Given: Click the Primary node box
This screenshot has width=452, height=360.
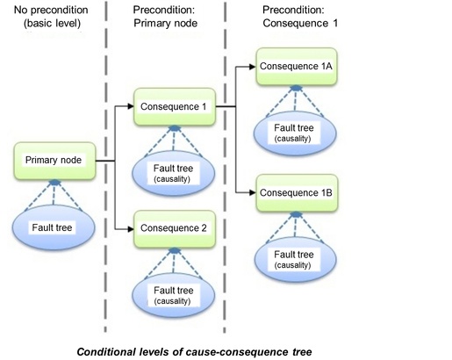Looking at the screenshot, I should (54, 162).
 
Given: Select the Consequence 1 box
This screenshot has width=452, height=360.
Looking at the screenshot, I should (174, 106).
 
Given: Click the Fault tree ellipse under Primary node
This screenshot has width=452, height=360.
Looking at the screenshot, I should (54, 227).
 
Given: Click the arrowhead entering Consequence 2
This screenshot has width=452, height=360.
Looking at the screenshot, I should (128, 230).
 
